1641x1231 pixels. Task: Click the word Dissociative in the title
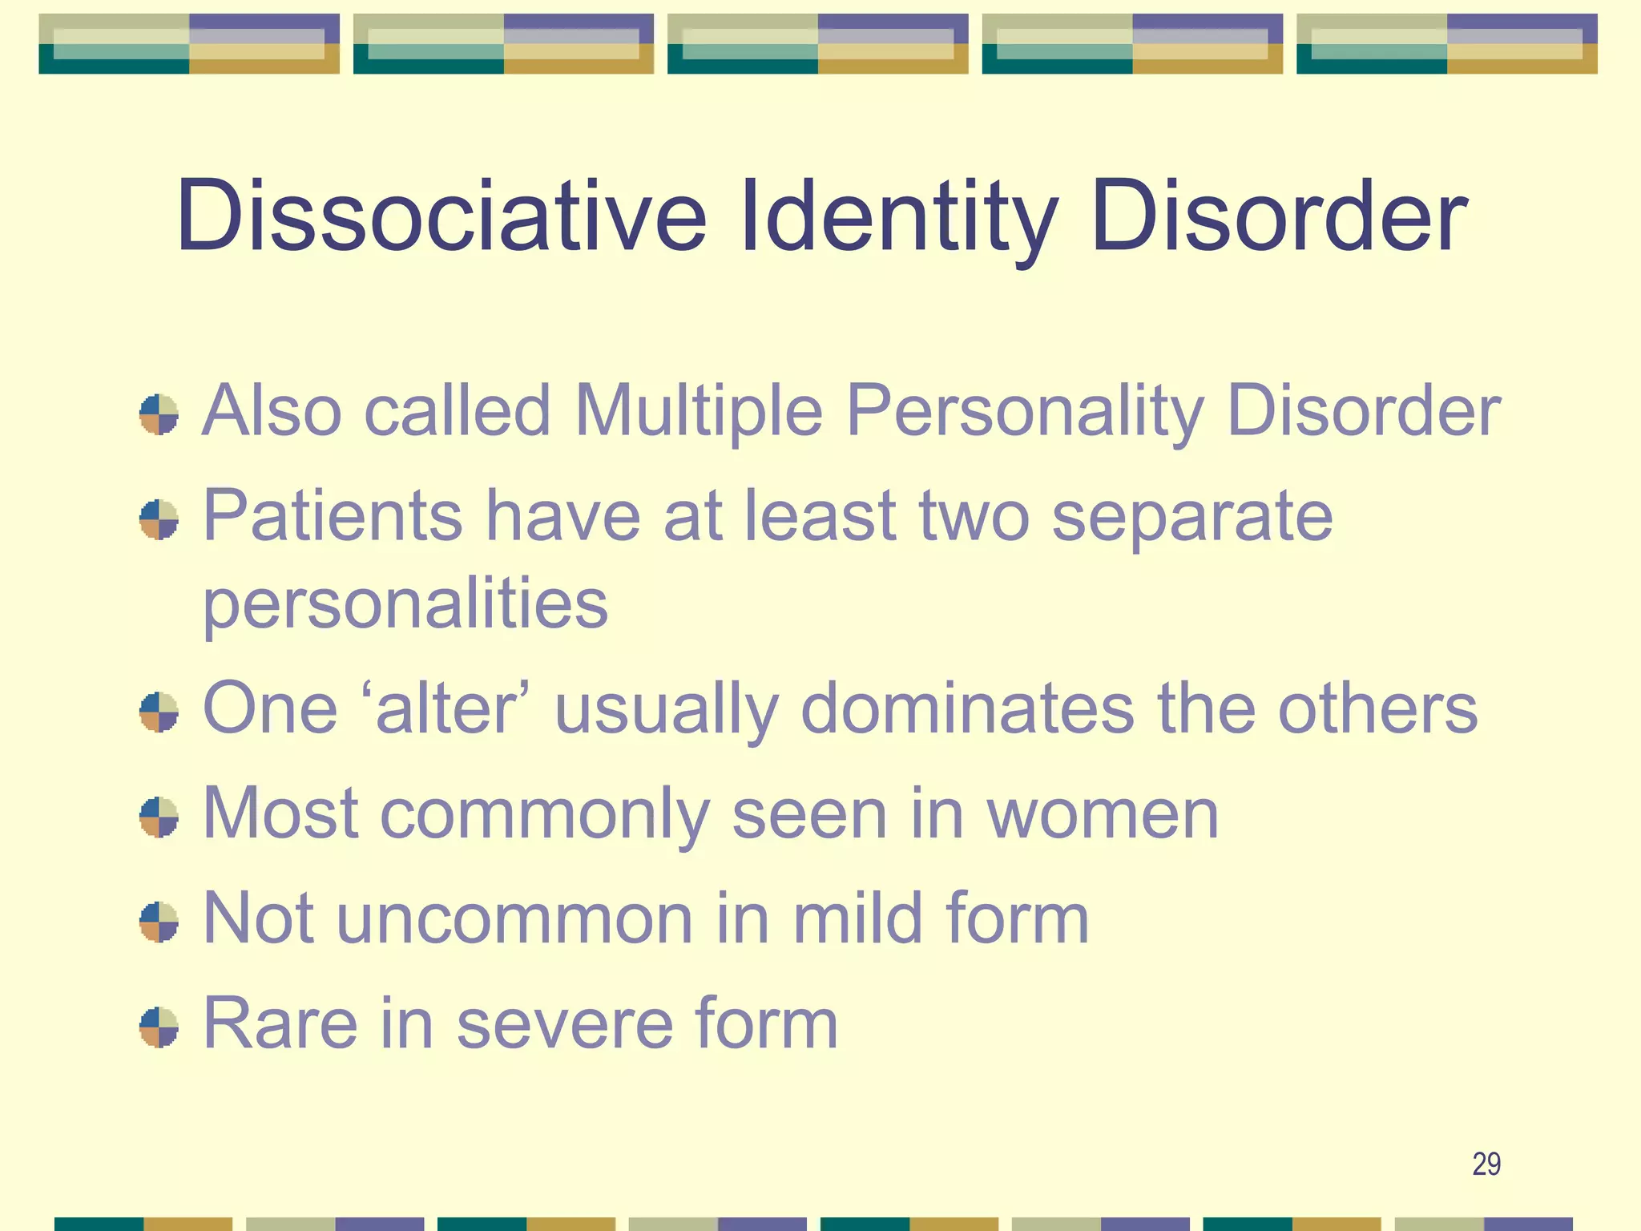click(x=441, y=216)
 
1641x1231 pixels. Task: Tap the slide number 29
click(x=1486, y=1164)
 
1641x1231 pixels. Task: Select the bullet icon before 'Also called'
click(x=159, y=414)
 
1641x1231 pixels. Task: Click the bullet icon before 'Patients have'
click(x=159, y=519)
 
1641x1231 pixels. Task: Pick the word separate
click(x=1192, y=518)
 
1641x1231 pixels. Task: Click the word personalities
click(x=405, y=604)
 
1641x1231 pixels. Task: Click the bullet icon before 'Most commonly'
click(x=159, y=817)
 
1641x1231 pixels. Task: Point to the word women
click(x=1103, y=814)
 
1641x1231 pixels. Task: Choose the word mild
click(x=857, y=918)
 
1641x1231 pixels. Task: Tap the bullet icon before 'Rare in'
click(x=159, y=1027)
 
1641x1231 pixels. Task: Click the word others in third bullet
click(x=1377, y=708)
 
